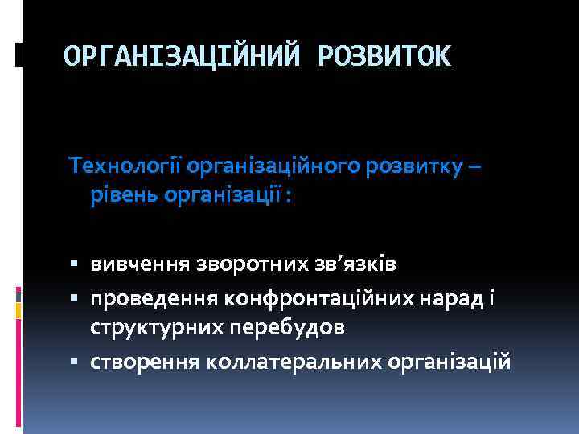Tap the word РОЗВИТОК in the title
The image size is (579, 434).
tap(385, 56)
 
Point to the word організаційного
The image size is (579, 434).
tap(273, 166)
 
